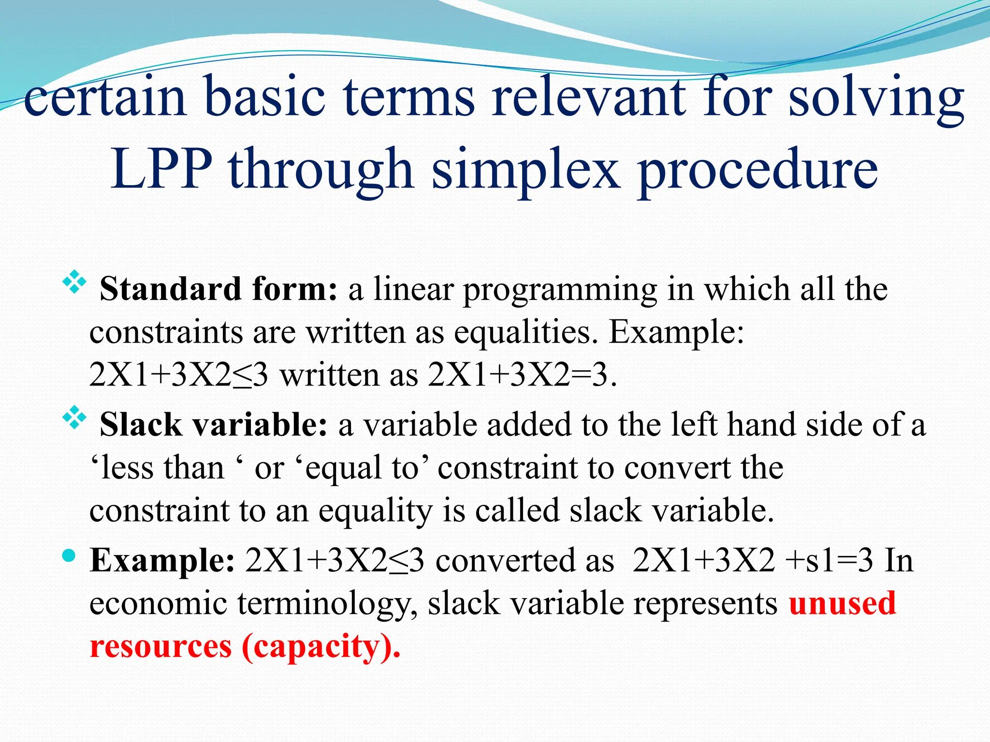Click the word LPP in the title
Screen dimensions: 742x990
(x=161, y=169)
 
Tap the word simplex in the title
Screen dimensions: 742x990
(x=525, y=169)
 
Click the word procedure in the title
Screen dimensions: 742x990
(x=757, y=169)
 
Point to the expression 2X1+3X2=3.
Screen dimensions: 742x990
(x=522, y=375)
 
